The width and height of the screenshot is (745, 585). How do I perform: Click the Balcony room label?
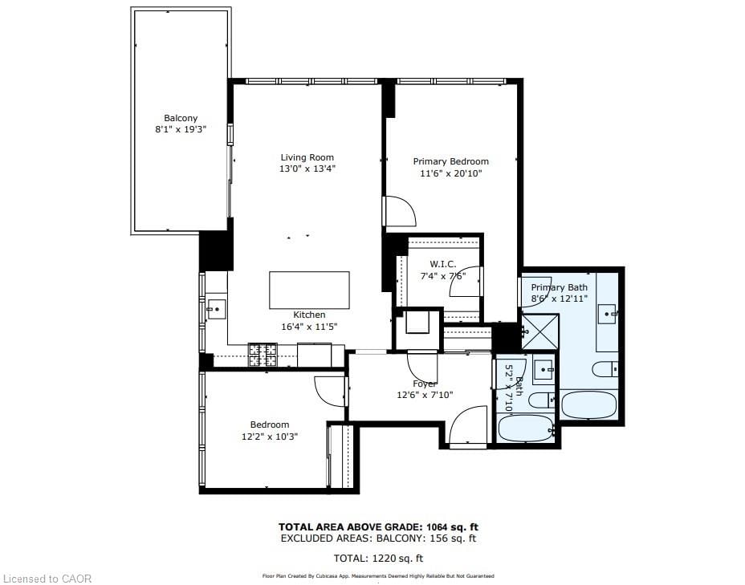(181, 118)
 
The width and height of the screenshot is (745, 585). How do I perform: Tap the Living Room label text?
(307, 157)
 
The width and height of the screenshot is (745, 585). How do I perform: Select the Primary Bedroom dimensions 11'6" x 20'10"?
(450, 173)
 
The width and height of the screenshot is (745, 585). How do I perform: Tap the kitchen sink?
(215, 308)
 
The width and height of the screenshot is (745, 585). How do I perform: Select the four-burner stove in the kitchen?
(263, 354)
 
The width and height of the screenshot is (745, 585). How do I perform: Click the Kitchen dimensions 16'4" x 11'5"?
(309, 327)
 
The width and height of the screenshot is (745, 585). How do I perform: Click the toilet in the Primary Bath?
(605, 369)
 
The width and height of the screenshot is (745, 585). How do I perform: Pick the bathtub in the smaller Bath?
(526, 428)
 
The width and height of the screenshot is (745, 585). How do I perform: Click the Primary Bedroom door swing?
(399, 212)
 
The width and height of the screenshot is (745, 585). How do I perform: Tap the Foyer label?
(424, 384)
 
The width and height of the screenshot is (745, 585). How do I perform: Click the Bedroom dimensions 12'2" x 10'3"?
(270, 437)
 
